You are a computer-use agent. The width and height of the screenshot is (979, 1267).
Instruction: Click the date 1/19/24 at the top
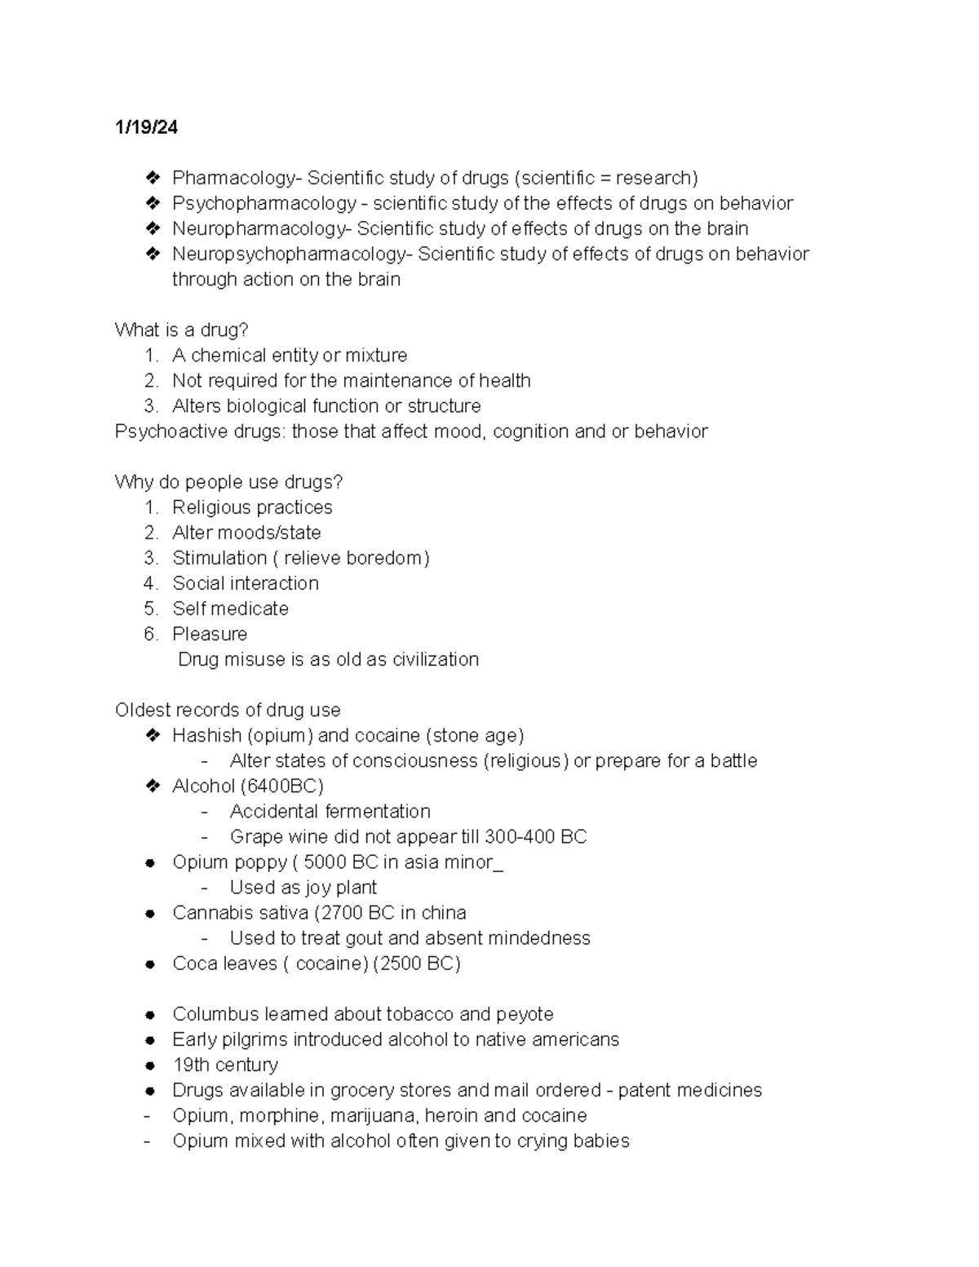tap(146, 128)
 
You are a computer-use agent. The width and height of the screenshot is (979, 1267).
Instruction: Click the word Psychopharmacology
tap(264, 203)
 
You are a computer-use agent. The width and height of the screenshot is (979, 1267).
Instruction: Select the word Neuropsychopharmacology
tap(289, 254)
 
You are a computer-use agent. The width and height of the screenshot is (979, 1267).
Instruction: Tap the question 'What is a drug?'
tap(181, 330)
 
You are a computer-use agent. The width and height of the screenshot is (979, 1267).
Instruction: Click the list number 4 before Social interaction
tap(149, 583)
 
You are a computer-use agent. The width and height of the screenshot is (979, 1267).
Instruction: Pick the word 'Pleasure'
tap(210, 634)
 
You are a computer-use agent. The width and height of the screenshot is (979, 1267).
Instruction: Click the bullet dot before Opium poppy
tap(150, 863)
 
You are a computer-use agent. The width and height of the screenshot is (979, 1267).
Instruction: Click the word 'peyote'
tap(525, 1014)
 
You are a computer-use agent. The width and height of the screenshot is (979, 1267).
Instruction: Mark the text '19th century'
tap(225, 1065)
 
